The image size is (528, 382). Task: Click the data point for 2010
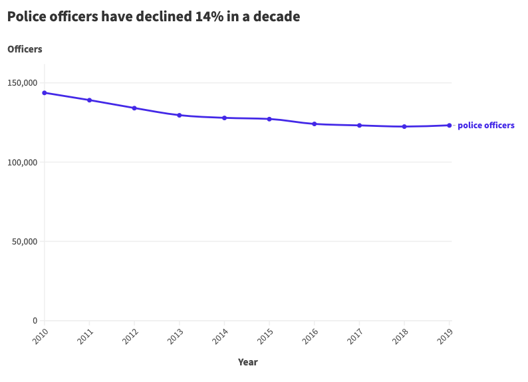pos(45,93)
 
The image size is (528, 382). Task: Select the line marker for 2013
pos(180,115)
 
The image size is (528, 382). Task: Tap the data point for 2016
pos(315,124)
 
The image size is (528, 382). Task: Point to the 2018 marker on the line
pos(404,126)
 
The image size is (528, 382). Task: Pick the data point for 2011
pos(89,100)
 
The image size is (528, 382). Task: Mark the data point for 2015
pos(269,119)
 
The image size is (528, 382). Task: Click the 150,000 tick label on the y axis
pos(24,83)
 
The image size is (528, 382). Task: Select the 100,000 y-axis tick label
pos(24,162)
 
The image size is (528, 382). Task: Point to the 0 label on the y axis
pos(35,321)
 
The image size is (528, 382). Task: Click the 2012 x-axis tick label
pos(130,336)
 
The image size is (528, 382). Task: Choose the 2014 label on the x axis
pos(219,336)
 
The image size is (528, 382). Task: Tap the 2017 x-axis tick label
pos(354,336)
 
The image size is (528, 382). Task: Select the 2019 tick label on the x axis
pos(444,336)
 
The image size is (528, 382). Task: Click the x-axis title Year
pos(247,362)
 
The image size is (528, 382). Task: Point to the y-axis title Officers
pos(25,49)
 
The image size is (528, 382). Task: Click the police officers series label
pos(485,125)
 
